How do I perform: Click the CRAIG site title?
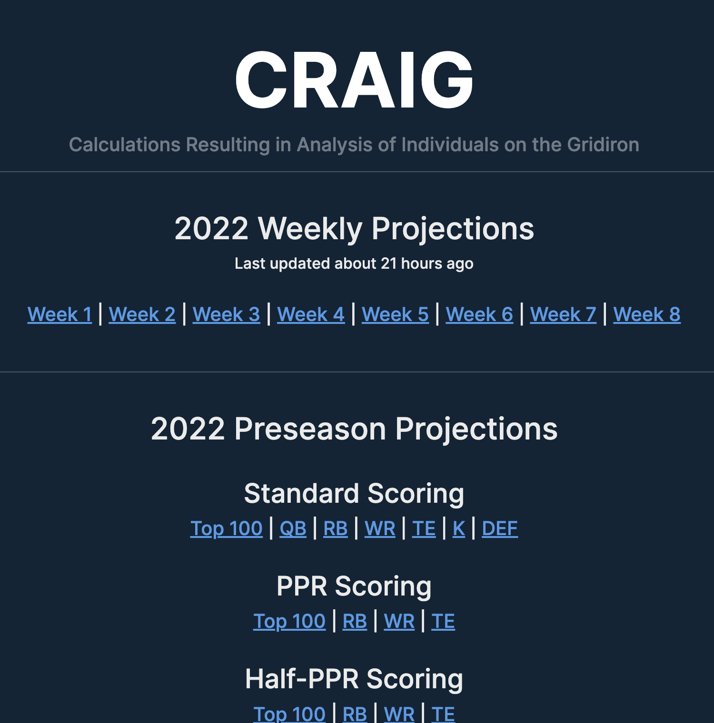click(x=354, y=79)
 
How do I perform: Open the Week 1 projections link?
click(x=59, y=314)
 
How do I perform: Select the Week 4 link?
click(x=311, y=314)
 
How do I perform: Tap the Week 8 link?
click(x=647, y=314)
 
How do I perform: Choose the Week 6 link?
click(x=479, y=314)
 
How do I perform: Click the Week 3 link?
click(x=226, y=314)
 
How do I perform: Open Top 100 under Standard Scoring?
click(x=227, y=528)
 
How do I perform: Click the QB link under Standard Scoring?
click(x=293, y=528)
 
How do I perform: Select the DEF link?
click(x=500, y=528)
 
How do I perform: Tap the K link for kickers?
click(x=459, y=528)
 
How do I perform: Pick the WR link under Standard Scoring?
click(x=380, y=528)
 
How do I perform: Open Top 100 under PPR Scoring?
click(x=289, y=621)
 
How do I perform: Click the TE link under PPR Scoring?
click(x=443, y=621)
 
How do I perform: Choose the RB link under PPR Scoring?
click(x=355, y=621)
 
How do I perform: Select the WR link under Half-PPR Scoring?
click(x=399, y=714)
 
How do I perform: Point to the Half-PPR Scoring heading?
click(x=354, y=679)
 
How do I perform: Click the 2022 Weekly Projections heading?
click(x=354, y=229)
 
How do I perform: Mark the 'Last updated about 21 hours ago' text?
click(x=354, y=264)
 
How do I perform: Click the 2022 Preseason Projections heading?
click(x=354, y=429)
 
